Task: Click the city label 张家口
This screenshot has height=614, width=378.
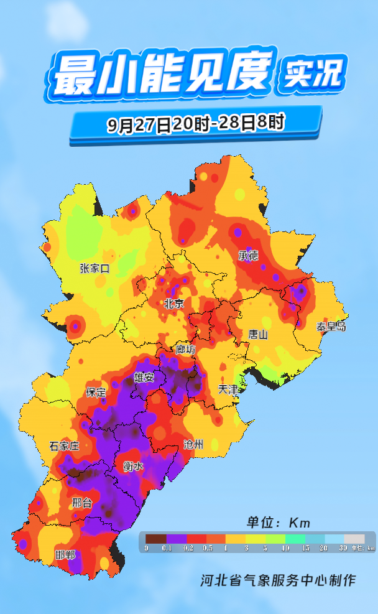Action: (x=94, y=269)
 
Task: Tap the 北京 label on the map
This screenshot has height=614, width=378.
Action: (x=174, y=304)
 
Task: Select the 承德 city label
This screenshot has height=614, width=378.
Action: (x=248, y=256)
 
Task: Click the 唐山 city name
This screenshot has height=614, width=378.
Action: (x=257, y=335)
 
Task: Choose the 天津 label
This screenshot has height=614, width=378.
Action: (x=228, y=389)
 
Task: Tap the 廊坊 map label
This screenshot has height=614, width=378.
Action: (x=185, y=350)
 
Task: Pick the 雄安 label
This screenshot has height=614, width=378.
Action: (x=144, y=378)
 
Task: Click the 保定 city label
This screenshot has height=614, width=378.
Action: (x=96, y=393)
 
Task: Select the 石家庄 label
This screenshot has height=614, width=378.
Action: (x=65, y=446)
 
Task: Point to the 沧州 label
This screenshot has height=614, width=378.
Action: (x=193, y=444)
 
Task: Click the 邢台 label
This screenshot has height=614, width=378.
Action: (x=82, y=503)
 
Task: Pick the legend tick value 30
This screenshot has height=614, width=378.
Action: (x=343, y=548)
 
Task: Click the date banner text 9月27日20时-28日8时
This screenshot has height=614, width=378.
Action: (x=195, y=124)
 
